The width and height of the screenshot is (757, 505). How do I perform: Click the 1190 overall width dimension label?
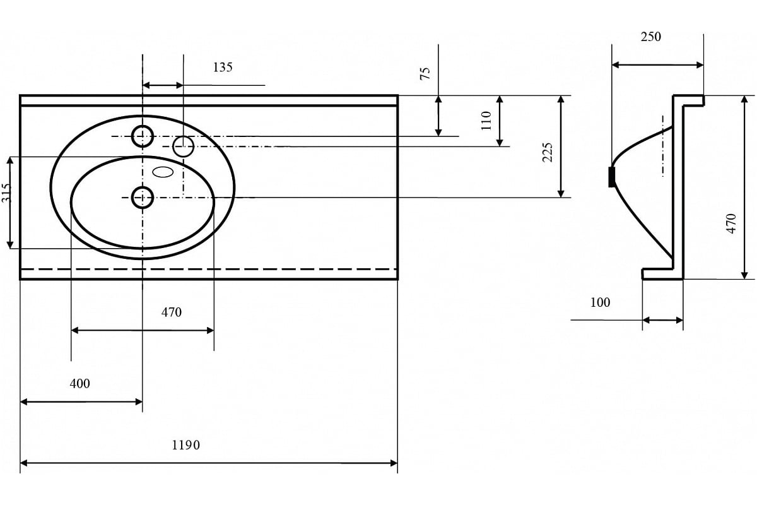pos(185,445)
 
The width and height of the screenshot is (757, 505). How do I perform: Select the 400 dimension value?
pos(80,383)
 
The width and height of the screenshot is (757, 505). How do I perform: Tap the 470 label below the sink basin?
pos(172,312)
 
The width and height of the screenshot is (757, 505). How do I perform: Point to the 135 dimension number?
pos(222,67)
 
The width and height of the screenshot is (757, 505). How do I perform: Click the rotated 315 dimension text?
pos(6,193)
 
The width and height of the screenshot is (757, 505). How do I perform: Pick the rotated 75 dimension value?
pos(425,73)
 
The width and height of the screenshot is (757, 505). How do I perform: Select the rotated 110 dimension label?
pos(486,120)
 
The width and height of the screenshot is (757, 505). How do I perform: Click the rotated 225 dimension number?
pos(548,151)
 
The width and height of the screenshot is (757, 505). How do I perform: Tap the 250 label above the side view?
pos(651,37)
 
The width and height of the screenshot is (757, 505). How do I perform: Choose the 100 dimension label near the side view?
pos(600,302)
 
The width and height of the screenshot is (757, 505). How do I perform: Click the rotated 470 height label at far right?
pos(731,223)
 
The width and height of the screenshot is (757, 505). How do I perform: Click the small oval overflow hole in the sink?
pos(163,171)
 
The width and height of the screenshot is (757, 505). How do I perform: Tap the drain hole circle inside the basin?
pos(143,198)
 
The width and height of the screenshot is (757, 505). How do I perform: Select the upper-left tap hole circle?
pos(143,135)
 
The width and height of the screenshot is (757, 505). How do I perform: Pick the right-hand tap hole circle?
pos(183,146)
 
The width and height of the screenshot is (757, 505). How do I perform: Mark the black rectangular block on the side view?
pos(611,177)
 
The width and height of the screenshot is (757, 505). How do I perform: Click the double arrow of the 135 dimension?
pos(163,85)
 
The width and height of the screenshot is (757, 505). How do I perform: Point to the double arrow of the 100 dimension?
pos(662,321)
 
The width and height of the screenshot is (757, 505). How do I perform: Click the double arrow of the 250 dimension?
pos(657,64)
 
